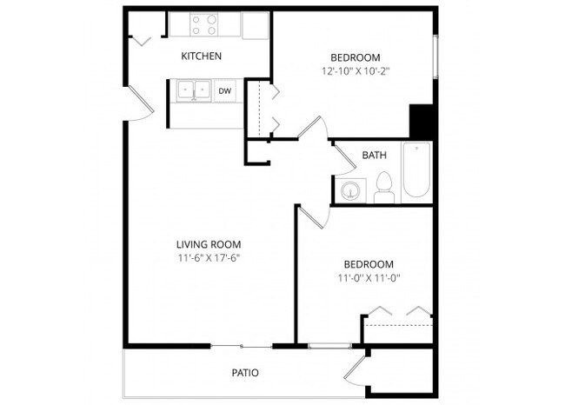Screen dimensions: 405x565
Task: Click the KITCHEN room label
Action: tap(201, 56)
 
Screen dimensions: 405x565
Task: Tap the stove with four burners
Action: tap(203, 24)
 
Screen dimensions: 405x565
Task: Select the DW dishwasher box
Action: tap(225, 90)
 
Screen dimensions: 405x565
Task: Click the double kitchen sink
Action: tap(192, 90)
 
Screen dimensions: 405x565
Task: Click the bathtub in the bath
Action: tap(415, 172)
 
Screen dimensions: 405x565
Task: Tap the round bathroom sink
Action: tap(352, 190)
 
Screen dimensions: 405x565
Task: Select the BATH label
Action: tap(374, 156)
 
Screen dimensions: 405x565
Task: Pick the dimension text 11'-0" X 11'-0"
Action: tap(367, 279)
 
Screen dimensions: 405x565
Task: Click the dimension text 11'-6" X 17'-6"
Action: tap(208, 259)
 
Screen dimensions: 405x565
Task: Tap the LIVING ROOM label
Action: tap(209, 244)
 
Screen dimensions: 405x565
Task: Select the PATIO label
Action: tap(244, 373)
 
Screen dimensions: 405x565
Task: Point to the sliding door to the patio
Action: tap(242, 347)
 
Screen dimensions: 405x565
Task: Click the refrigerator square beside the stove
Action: tap(256, 24)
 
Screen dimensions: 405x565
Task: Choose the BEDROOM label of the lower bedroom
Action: tap(368, 264)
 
